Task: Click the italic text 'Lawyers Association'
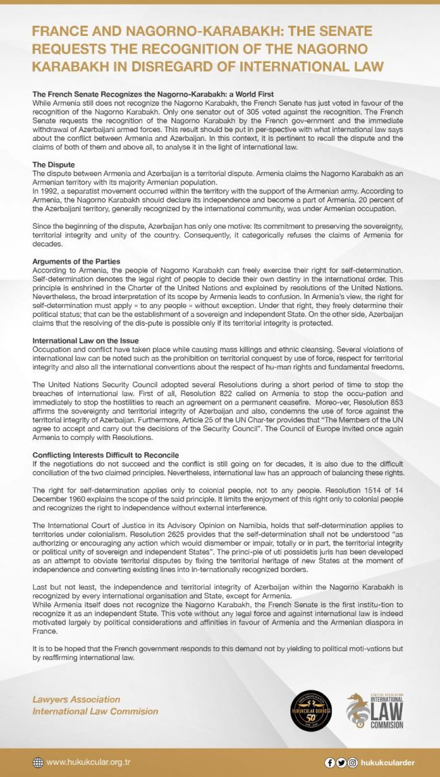[76, 699]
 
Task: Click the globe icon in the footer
[38, 762]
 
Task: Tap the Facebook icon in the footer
[330, 762]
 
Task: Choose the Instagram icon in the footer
[353, 762]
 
